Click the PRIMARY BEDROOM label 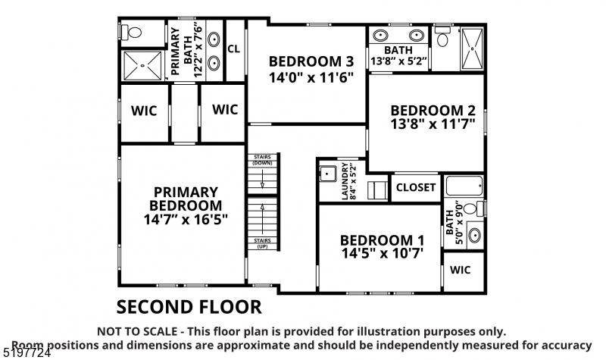click(186, 199)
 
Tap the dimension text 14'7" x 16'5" click(186, 219)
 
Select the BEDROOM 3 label click(311, 61)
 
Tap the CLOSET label click(416, 187)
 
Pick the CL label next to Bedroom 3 click(234, 47)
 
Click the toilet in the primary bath click(132, 33)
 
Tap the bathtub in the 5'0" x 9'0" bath click(464, 186)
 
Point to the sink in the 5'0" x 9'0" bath click(473, 235)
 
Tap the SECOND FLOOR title click(189, 307)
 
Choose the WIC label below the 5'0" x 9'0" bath click(463, 269)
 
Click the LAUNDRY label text click(345, 182)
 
